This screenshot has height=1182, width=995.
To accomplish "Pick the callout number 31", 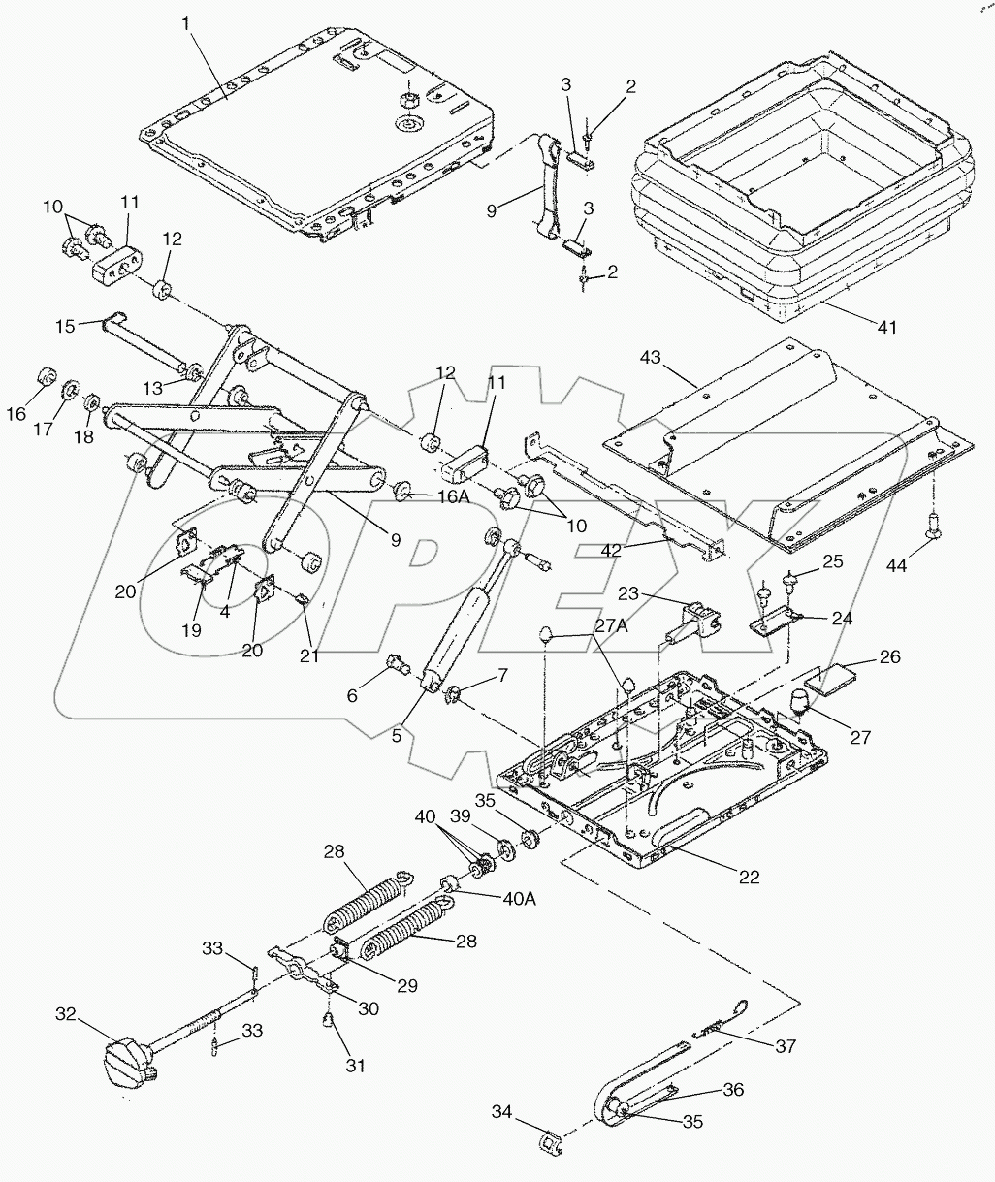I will click(356, 1066).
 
